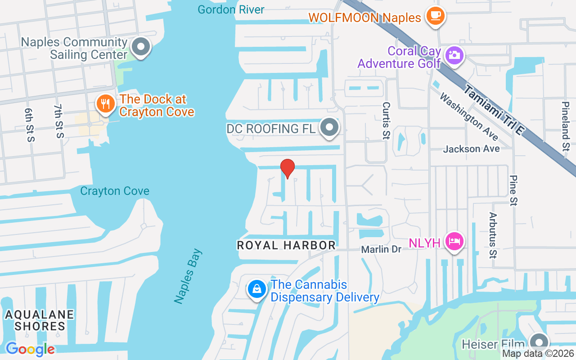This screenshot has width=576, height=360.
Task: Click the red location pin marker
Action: click(288, 168)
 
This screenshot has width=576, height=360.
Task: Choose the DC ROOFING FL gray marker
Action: click(330, 128)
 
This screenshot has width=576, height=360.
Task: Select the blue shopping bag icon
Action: click(256, 289)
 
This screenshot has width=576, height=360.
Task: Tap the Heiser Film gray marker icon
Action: click(538, 343)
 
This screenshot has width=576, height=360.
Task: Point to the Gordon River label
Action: click(231, 9)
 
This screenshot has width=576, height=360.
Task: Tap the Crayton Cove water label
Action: click(115, 191)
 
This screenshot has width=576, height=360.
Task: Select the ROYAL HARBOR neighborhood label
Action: click(286, 245)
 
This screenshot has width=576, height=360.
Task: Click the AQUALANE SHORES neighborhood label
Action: click(40, 320)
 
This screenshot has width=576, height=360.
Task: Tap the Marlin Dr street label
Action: click(382, 249)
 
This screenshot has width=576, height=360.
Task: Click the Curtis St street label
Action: click(386, 121)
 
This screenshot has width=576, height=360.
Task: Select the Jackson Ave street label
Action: click(471, 149)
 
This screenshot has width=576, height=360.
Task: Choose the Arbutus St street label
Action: click(493, 235)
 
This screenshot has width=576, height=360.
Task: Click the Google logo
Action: click(30, 349)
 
